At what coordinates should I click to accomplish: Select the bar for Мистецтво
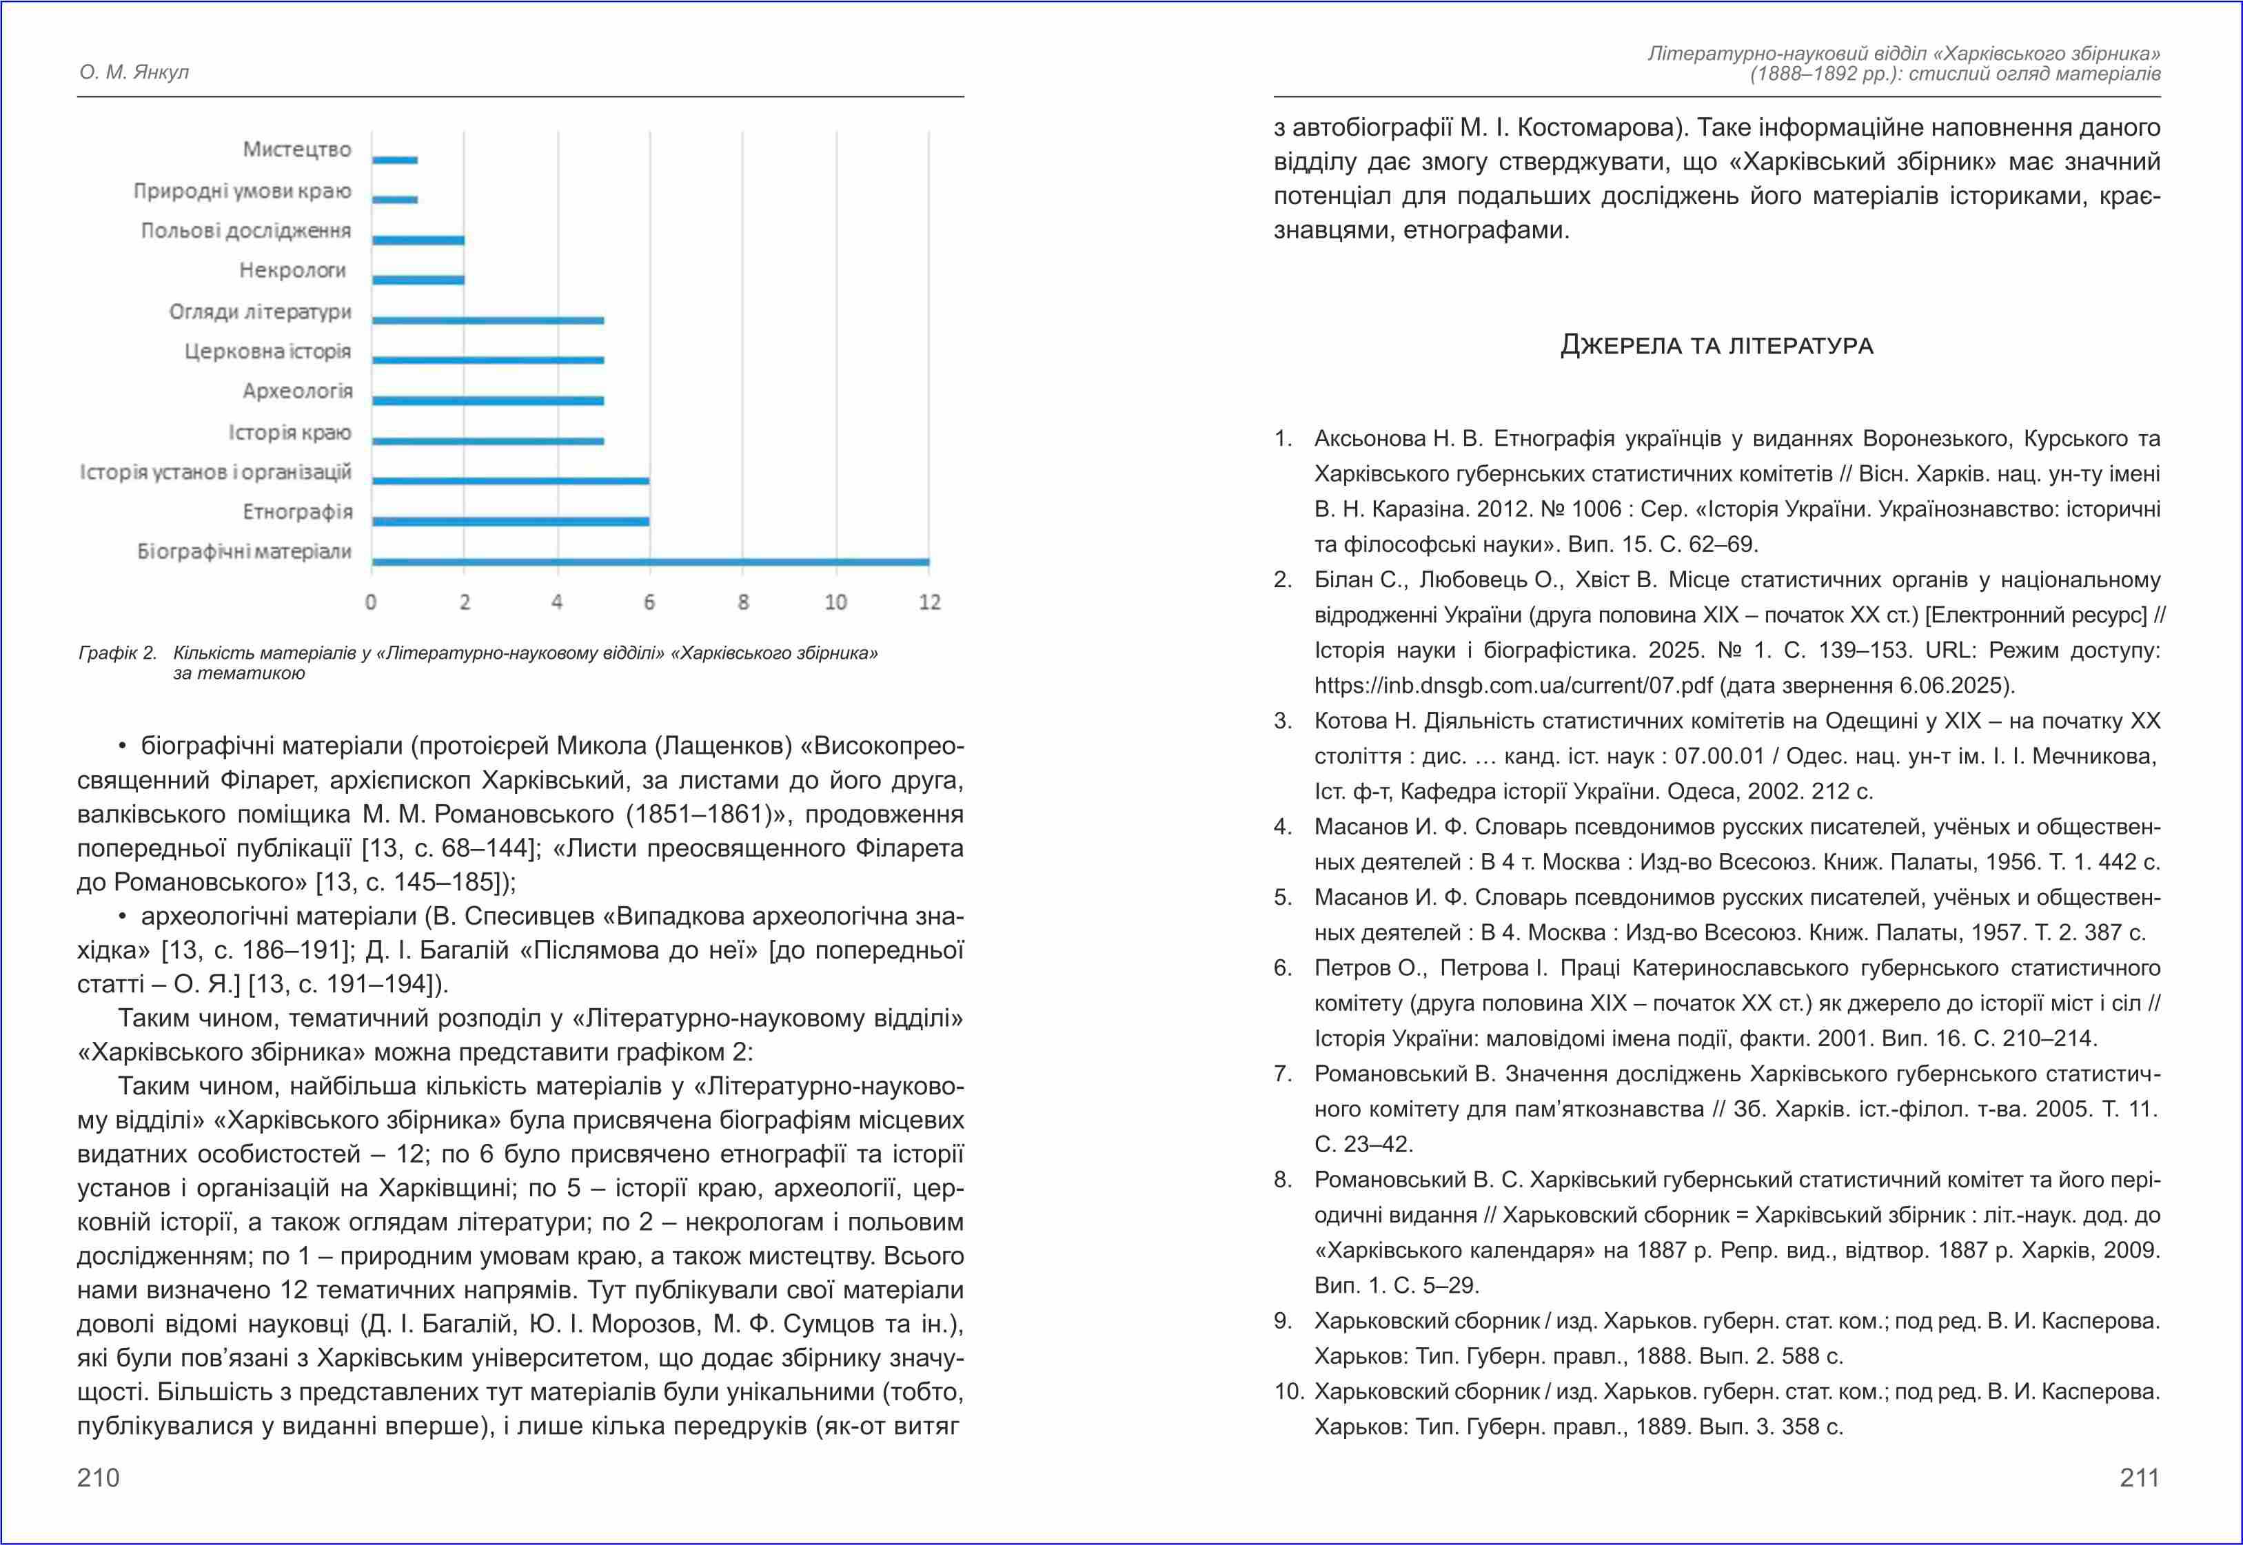395,160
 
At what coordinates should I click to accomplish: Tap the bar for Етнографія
510,521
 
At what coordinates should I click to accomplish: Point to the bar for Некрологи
418,280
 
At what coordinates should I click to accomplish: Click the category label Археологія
297,391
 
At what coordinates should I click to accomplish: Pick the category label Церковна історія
267,351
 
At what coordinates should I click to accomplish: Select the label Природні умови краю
242,191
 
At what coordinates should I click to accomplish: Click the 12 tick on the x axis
929,602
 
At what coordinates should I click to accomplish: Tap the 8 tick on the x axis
742,602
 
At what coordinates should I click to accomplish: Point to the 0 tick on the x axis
371,602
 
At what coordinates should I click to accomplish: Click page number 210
98,1477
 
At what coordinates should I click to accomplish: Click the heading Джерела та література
1716,346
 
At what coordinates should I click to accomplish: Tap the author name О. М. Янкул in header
134,72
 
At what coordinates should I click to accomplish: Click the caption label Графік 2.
117,653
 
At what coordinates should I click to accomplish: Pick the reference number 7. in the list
1283,1074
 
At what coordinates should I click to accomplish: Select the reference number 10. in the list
1288,1391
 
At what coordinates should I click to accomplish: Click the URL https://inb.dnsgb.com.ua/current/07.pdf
1513,686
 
